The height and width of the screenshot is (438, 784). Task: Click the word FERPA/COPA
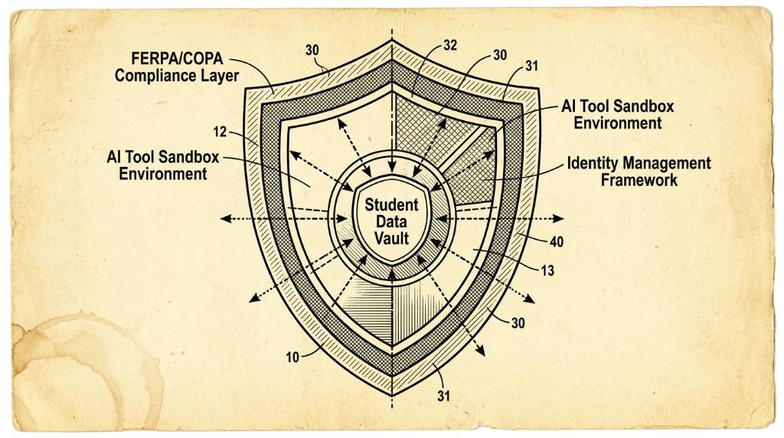(x=177, y=58)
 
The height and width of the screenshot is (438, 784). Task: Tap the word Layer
(x=220, y=76)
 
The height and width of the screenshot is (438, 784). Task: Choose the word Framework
(x=639, y=180)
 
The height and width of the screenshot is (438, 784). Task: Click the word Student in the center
(x=391, y=204)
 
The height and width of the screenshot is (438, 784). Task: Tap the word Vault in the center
(x=392, y=238)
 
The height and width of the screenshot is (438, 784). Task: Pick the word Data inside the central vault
(x=391, y=221)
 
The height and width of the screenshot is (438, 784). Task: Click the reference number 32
(x=450, y=45)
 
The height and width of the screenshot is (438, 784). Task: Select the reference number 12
(x=220, y=132)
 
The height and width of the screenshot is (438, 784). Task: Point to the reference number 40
(x=557, y=242)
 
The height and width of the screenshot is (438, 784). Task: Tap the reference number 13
(x=547, y=270)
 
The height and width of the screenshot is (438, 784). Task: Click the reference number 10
(x=292, y=357)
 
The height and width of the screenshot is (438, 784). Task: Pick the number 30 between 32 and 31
(x=500, y=55)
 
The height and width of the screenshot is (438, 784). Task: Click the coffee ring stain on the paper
(x=85, y=370)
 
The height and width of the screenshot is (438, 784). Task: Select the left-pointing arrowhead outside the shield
(x=227, y=218)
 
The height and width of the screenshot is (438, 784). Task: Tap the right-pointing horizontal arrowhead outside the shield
(x=558, y=218)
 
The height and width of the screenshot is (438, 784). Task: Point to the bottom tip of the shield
(x=391, y=396)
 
